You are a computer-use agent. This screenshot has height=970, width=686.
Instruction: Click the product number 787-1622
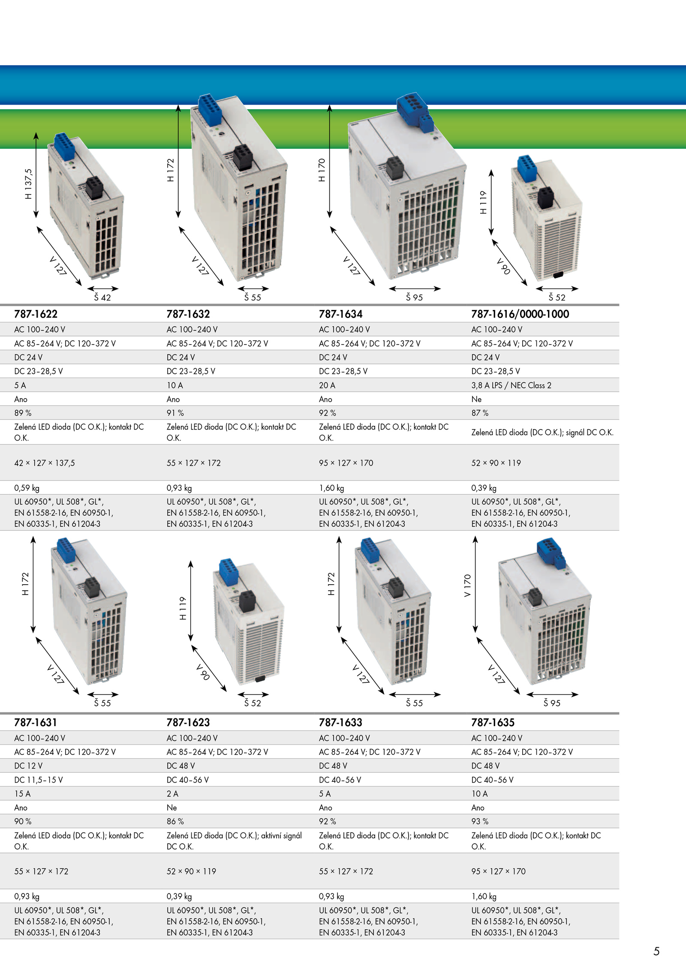click(36, 314)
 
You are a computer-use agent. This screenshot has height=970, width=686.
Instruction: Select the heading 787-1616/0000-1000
click(520, 314)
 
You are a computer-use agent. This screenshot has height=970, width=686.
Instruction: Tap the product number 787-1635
click(493, 723)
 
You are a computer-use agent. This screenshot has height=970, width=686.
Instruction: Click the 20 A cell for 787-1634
click(327, 385)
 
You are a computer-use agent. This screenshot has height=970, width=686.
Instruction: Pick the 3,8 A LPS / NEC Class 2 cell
click(511, 385)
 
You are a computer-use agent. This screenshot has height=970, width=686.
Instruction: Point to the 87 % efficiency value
click(480, 413)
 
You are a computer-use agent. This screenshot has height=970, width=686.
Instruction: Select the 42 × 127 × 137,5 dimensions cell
click(45, 463)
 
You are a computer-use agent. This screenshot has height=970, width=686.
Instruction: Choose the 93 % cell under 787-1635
click(480, 822)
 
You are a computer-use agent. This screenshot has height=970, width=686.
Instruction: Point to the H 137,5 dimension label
click(28, 184)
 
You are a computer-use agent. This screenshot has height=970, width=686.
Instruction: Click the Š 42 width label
click(102, 297)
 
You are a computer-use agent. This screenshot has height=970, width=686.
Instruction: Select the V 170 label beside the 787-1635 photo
click(467, 586)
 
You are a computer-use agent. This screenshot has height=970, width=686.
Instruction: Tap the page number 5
click(656, 952)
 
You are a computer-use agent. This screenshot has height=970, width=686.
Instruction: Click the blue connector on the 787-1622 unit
click(64, 144)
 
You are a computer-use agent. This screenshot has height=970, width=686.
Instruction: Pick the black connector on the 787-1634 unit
click(395, 168)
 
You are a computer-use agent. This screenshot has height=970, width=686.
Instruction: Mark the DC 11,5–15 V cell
click(39, 780)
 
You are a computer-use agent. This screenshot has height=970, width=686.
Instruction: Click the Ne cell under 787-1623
click(171, 808)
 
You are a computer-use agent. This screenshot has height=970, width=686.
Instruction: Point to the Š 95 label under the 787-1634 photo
click(414, 297)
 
